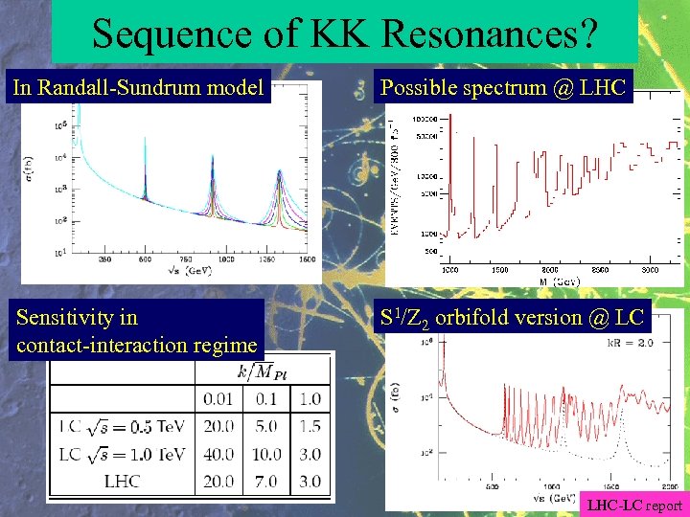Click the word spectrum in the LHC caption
coord(497,88)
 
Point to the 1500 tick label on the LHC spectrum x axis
coord(498,270)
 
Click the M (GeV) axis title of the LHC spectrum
coord(559,281)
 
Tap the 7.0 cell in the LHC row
coord(265,481)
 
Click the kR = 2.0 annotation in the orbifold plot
coord(635,341)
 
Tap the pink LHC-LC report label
coord(634,506)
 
